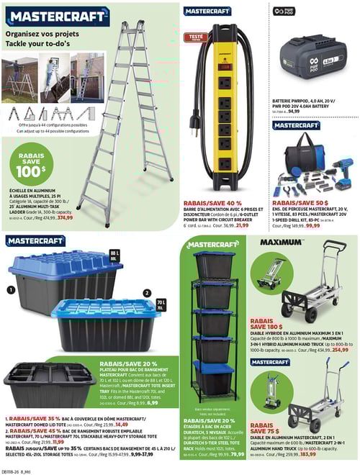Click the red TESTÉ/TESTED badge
pyautogui.click(x=195, y=35)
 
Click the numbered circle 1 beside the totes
pyautogui.click(x=11, y=290)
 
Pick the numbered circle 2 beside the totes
pyautogui.click(x=148, y=293)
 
